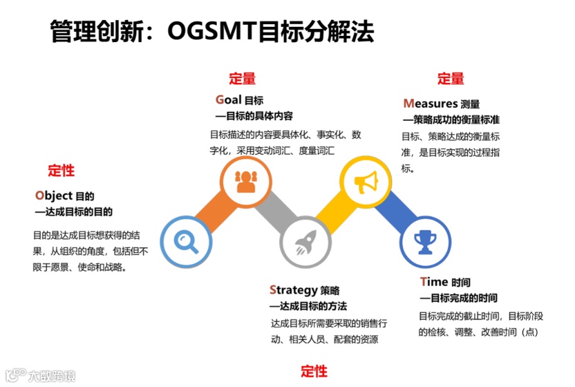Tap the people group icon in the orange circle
245,181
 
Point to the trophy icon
424,241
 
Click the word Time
434,282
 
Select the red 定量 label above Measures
451,79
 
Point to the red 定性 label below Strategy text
314,371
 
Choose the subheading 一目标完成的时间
458,299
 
